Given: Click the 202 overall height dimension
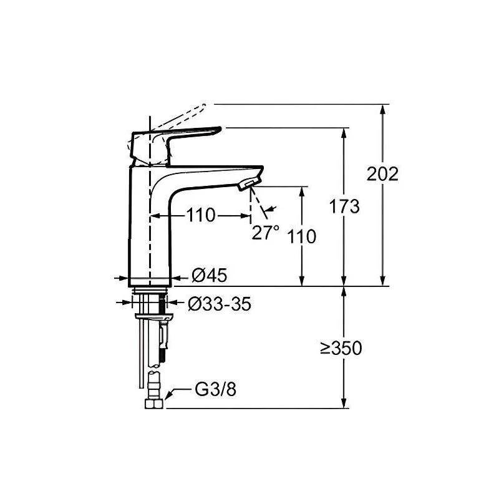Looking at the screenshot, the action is [x=382, y=174].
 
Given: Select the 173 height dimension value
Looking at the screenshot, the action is [x=344, y=206].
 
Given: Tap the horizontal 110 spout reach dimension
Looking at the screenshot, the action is [x=200, y=215].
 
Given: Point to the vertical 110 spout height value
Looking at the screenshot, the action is [x=302, y=236].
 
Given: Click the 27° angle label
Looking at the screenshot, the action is [x=266, y=232].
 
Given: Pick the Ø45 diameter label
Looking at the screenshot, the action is [x=210, y=275].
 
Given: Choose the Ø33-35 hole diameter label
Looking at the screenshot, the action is [x=220, y=304].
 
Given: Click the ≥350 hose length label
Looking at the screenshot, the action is [x=341, y=348].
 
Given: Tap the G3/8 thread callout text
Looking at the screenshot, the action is [x=215, y=389].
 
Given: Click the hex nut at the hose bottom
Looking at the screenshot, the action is [x=154, y=404].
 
